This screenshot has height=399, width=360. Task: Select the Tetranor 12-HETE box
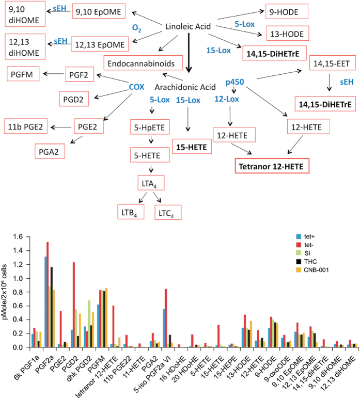(x=270, y=167)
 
